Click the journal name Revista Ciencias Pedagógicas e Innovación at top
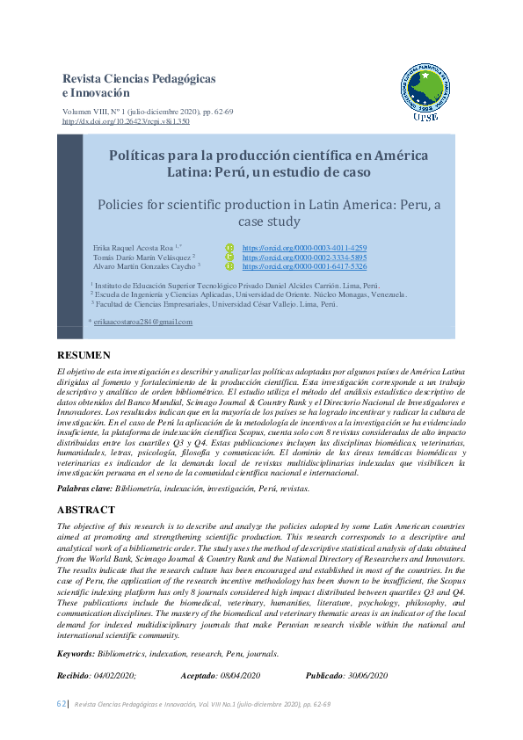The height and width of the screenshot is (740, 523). tap(139, 85)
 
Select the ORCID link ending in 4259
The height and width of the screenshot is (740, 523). tap(304, 249)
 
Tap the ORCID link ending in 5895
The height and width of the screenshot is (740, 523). tap(304, 258)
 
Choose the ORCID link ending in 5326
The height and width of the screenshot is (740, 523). tap(304, 266)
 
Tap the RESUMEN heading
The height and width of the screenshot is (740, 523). tap(84, 355)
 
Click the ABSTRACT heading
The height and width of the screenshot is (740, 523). tap(86, 510)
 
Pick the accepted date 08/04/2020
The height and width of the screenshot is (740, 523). tap(241, 676)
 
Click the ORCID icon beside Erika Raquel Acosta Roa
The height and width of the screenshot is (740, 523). tap(230, 249)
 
